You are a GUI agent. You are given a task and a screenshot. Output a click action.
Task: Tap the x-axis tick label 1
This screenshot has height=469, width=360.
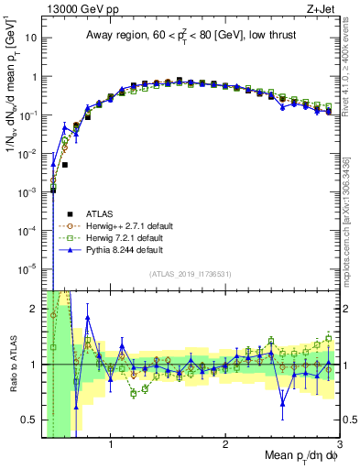point(111,444)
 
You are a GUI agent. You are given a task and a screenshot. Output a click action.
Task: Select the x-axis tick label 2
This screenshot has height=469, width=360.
point(225,444)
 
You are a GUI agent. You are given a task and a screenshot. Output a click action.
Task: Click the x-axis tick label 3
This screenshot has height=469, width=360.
point(339,444)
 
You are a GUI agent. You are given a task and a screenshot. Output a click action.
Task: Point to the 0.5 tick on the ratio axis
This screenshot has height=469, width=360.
point(30,420)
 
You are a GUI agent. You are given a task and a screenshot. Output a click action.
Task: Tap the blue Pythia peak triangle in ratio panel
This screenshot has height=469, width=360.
point(88,318)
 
